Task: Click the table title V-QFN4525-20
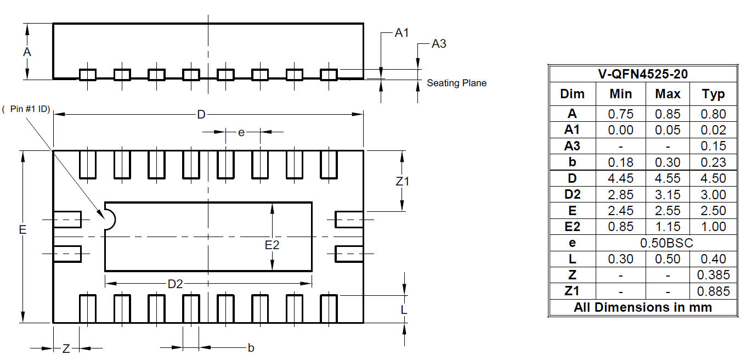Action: click(x=642, y=74)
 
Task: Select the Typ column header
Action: click(x=713, y=94)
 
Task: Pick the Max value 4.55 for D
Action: click(x=668, y=178)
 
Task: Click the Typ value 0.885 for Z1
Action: click(x=713, y=291)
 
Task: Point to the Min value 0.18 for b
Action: click(x=620, y=162)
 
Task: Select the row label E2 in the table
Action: click(x=572, y=227)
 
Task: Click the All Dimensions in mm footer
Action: click(x=642, y=307)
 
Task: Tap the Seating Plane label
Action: click(x=456, y=83)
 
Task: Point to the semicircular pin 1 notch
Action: click(x=110, y=219)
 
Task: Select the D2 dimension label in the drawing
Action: click(x=175, y=284)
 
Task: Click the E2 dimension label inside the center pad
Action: click(x=272, y=245)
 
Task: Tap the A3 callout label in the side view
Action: click(x=439, y=44)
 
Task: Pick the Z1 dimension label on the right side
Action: click(x=402, y=181)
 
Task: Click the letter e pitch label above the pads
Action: click(x=241, y=132)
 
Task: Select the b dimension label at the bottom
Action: click(x=251, y=348)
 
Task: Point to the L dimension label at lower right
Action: click(x=404, y=310)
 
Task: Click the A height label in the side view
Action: click(x=27, y=52)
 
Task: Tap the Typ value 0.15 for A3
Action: click(x=713, y=146)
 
